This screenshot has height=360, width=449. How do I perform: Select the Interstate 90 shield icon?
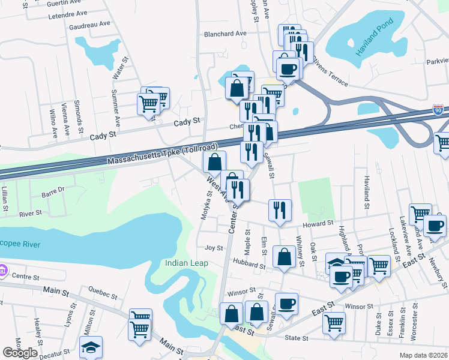[x=439, y=110]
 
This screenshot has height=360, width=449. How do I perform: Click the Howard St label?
[x=318, y=223]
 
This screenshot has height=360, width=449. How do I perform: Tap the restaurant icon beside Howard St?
[x=280, y=209]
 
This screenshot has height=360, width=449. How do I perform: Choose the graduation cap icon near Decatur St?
[x=91, y=347]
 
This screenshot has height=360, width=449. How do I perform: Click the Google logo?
[x=20, y=353]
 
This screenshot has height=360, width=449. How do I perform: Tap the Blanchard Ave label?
[x=225, y=34]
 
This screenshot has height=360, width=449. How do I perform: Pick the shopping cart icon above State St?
[x=334, y=322]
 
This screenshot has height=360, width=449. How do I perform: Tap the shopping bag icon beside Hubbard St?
[x=283, y=256]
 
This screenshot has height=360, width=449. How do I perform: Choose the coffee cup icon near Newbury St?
[x=435, y=226]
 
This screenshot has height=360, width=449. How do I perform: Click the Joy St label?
[x=214, y=247]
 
